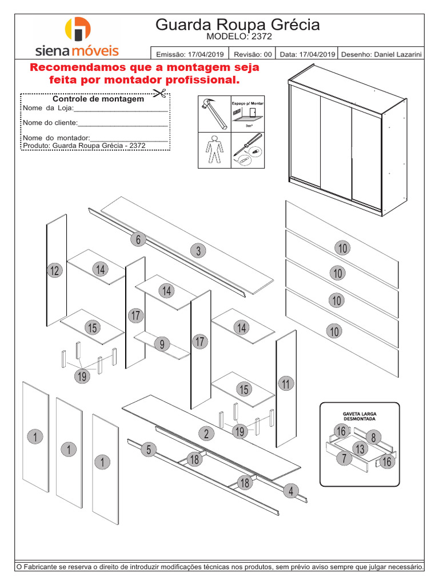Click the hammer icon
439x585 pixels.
tap(214, 113)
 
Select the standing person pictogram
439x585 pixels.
tap(214, 150)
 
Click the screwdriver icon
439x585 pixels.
tap(247, 150)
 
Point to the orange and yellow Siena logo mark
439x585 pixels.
tap(78, 30)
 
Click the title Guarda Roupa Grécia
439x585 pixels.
tap(237, 25)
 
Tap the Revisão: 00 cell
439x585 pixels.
tap(252, 54)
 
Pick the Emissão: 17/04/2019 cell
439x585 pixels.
tap(189, 54)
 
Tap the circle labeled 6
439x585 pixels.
tap(138, 239)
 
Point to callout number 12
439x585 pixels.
tap(54, 271)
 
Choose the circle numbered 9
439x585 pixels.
tap(162, 344)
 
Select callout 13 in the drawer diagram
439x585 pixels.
tap(360, 448)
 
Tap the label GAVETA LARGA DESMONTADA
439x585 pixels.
tap(359, 415)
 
